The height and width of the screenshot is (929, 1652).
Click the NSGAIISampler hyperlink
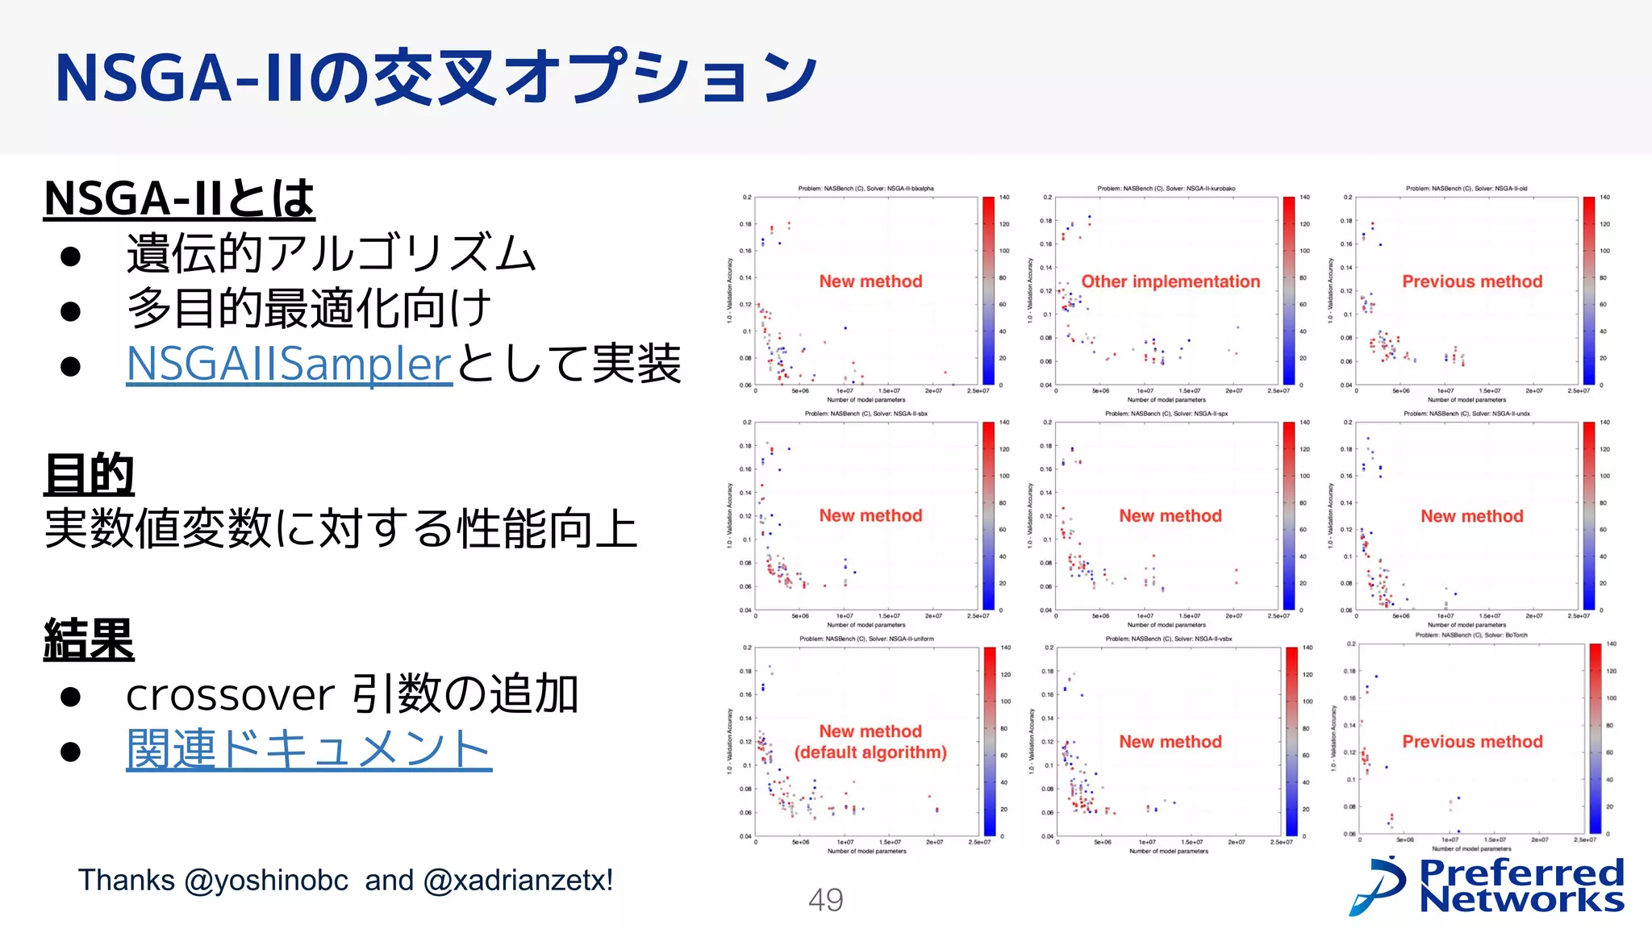(x=289, y=364)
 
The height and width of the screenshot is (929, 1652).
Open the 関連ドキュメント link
(x=308, y=749)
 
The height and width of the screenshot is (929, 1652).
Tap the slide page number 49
(x=825, y=900)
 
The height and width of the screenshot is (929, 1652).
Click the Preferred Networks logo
(x=1487, y=886)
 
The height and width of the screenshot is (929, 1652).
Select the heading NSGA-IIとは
(x=179, y=198)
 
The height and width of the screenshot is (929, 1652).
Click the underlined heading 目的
(x=89, y=474)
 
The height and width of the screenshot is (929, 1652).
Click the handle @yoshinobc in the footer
(x=266, y=881)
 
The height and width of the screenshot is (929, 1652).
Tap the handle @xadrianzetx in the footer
(x=518, y=881)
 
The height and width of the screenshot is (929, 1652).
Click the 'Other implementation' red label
(x=1170, y=281)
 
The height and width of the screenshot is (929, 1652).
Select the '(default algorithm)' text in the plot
(x=870, y=752)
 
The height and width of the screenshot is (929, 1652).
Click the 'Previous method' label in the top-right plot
(x=1472, y=281)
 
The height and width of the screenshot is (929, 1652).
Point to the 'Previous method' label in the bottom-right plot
(x=1472, y=741)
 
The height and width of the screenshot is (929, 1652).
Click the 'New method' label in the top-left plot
(x=870, y=281)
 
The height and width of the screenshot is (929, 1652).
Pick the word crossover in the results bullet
(x=230, y=695)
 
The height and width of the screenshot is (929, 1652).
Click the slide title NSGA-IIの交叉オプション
(x=436, y=78)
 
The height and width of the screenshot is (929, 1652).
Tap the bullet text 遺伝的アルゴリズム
(x=331, y=253)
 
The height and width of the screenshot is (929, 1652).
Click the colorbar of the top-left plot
(x=988, y=290)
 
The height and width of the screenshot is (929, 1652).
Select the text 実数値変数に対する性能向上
(x=340, y=529)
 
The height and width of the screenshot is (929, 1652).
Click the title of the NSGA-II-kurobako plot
(x=1166, y=189)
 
